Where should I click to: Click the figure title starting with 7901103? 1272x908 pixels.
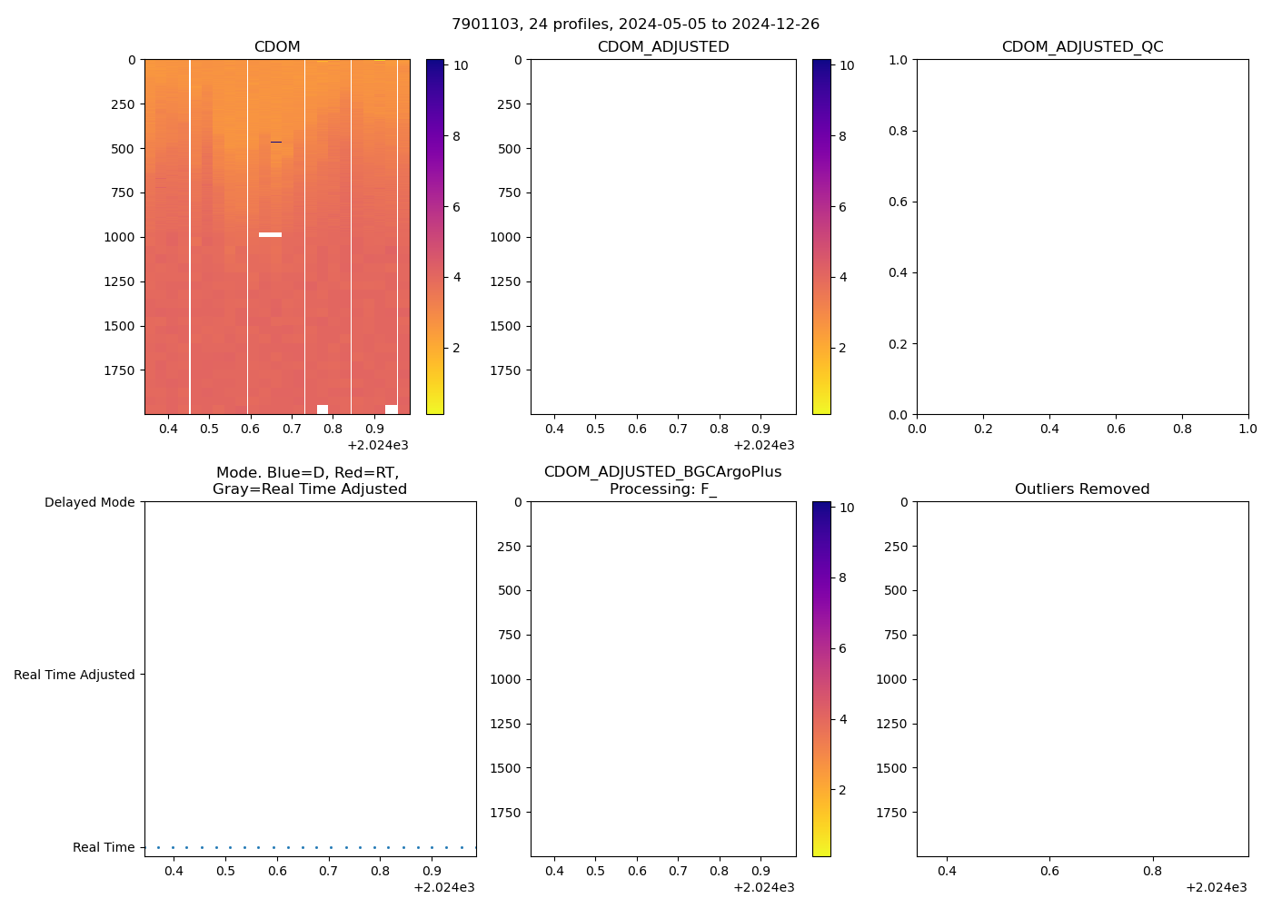[635, 24]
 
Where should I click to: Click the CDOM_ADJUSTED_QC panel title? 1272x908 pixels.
[1082, 46]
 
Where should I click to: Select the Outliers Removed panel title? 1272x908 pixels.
[1082, 489]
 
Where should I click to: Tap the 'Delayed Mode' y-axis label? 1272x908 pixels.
[89, 502]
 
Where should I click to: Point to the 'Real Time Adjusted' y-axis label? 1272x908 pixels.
[74, 675]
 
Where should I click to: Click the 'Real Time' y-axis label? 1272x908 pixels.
[104, 847]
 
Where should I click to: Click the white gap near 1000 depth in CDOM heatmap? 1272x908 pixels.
[270, 234]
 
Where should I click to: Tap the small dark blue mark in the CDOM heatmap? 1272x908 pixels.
[276, 142]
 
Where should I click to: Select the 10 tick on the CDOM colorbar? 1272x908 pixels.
[461, 65]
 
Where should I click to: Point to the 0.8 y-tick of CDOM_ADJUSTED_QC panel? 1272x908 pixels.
[898, 131]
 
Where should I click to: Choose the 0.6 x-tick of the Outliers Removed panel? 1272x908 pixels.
[1049, 871]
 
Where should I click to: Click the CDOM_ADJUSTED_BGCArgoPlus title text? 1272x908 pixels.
[662, 471]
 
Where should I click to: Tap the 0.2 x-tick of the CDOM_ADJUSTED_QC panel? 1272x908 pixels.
[983, 429]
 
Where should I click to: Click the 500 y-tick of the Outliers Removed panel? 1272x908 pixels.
[896, 590]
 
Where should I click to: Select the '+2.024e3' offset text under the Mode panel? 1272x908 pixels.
[443, 887]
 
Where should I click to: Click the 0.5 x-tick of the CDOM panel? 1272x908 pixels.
[209, 429]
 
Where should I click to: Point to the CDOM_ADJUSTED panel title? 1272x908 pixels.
[662, 46]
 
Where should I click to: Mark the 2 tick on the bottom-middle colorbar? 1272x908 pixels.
[842, 790]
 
